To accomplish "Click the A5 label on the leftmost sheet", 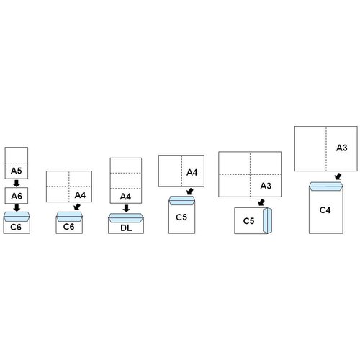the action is click(17, 171).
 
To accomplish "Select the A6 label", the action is click(17, 196).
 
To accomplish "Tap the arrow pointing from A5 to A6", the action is click(17, 183).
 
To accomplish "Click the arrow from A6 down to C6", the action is click(17, 207).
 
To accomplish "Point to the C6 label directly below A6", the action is click(16, 227).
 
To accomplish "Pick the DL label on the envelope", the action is click(126, 228).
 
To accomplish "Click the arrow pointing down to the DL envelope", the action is click(126, 208).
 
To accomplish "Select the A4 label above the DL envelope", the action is click(125, 197).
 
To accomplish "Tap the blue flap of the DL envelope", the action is click(126, 218).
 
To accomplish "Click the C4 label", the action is click(325, 210).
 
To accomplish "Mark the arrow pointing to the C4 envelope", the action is click(338, 176).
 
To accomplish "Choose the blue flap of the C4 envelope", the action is click(326, 186).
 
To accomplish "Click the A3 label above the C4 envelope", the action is click(342, 148).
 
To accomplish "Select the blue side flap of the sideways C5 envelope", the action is click(267, 220).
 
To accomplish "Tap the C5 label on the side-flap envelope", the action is click(248, 221).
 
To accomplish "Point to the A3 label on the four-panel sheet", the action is click(266, 186).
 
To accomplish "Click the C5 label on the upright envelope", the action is click(181, 217).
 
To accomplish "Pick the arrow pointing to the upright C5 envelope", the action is click(190, 192).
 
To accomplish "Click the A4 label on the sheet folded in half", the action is click(192, 172).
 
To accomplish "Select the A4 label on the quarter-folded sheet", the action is click(80, 195).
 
